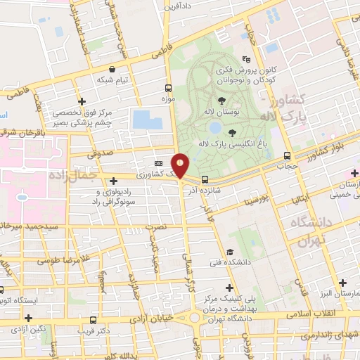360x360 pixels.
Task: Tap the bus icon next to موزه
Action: point(168,89)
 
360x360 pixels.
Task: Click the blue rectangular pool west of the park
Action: point(147,119)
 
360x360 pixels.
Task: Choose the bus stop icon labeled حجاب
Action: point(286,155)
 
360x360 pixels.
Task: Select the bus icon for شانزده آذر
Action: point(205,179)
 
